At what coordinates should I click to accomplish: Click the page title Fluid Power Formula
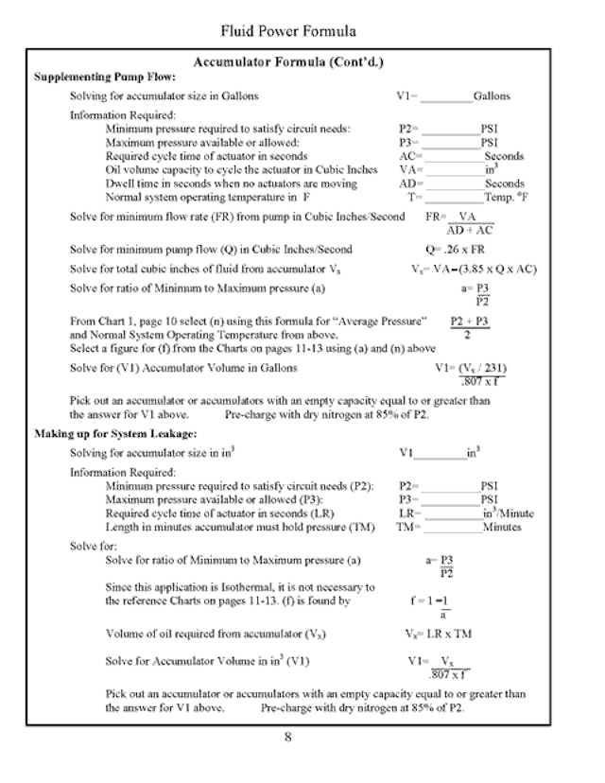point(288,31)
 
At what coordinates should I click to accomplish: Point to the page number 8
point(288,739)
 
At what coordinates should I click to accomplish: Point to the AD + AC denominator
point(470,230)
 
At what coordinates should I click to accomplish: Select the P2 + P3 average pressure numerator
point(470,321)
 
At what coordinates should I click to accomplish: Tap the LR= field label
point(409,513)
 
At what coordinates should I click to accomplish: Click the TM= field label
point(407,527)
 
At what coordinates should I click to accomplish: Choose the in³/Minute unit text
point(508,513)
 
